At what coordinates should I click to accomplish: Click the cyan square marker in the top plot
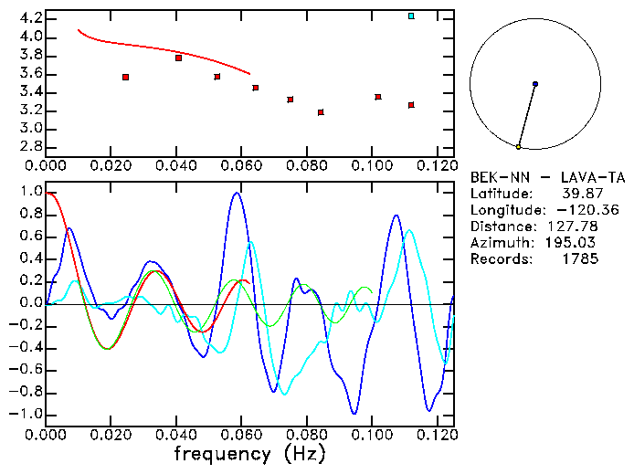[411, 16]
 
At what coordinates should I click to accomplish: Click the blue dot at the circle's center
[535, 84]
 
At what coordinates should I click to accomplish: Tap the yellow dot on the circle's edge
[518, 147]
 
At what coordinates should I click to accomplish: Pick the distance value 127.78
[575, 226]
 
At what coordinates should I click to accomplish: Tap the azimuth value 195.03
[575, 243]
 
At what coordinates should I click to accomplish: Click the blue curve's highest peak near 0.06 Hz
[237, 193]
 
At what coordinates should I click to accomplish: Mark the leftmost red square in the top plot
[125, 77]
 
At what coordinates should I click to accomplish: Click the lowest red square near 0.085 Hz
[321, 112]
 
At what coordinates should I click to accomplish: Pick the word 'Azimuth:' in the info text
[501, 243]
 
